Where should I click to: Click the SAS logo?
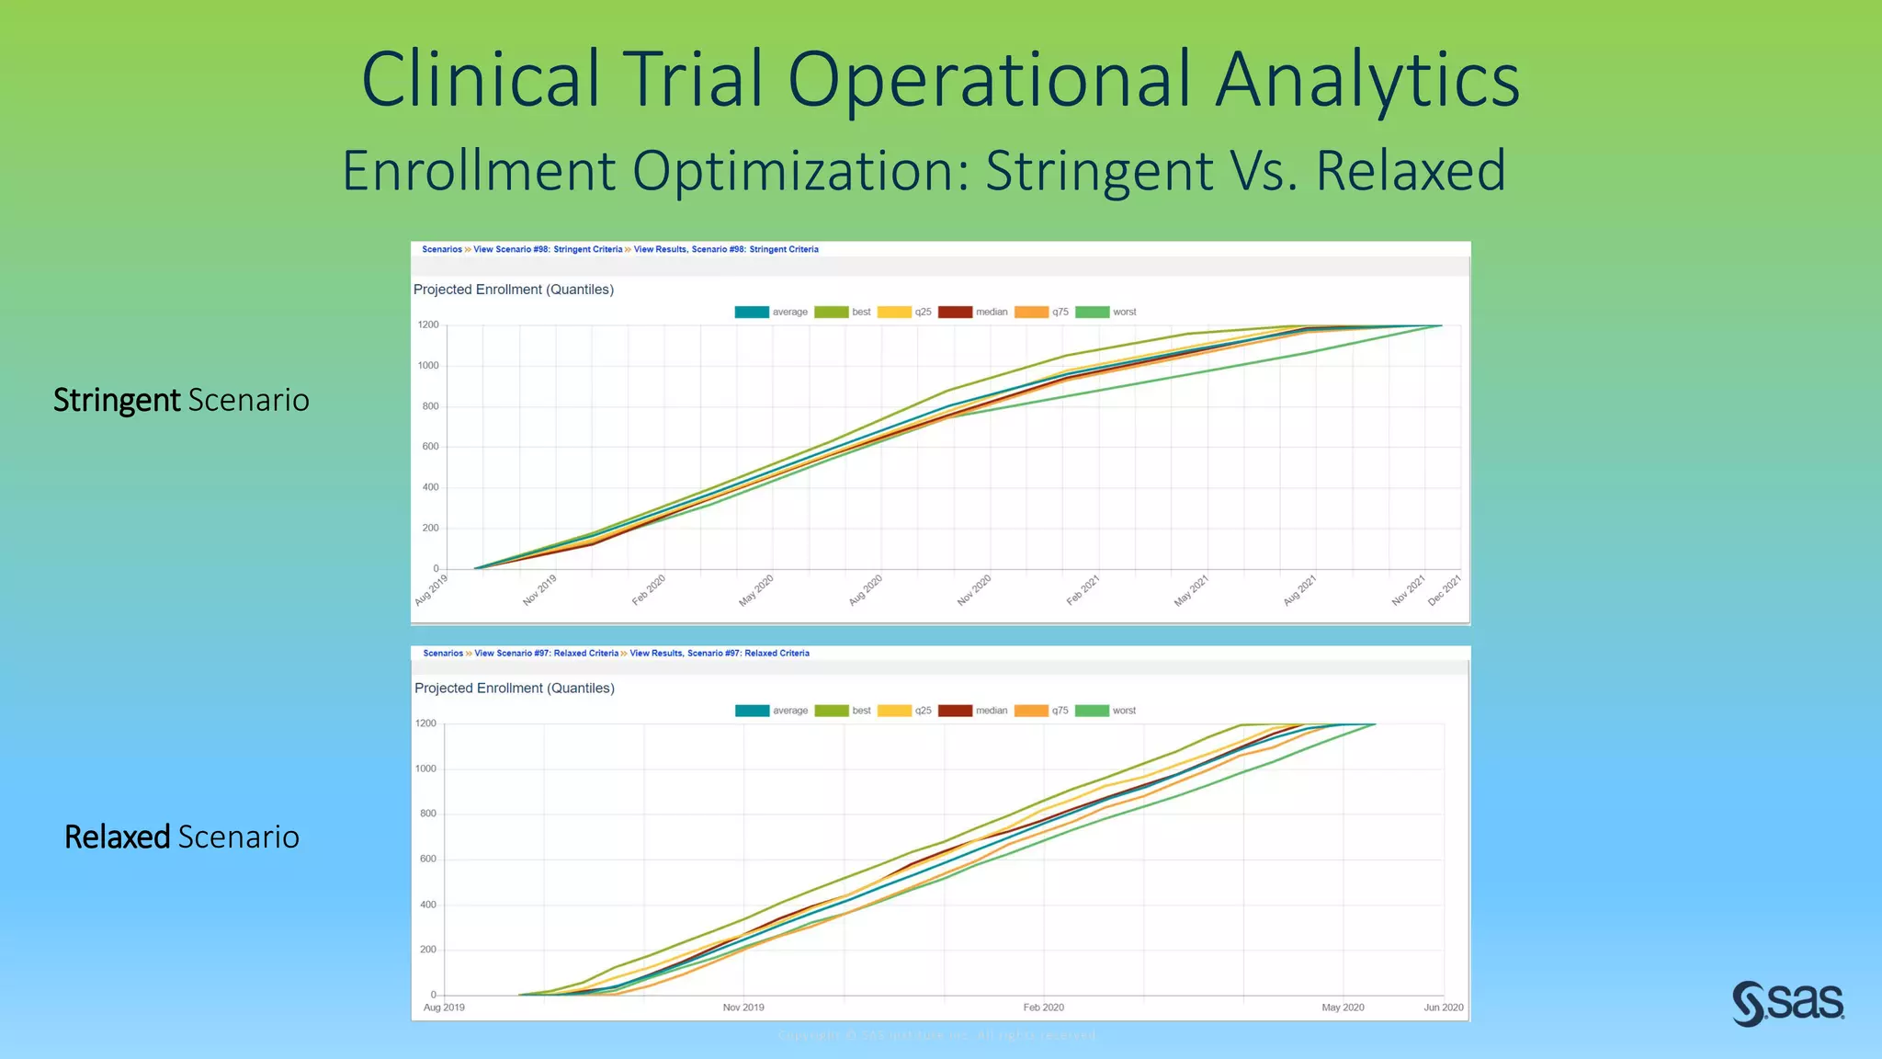(x=1787, y=1003)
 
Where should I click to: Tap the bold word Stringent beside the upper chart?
(x=117, y=400)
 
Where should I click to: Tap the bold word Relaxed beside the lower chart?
(x=117, y=837)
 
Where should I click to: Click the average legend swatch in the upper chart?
(x=751, y=313)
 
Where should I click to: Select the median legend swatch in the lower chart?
(x=955, y=711)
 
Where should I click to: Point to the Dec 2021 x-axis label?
(x=1445, y=590)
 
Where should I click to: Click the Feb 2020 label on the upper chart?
(x=649, y=590)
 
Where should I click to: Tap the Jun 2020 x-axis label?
(x=1444, y=1008)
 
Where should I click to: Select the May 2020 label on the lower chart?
(x=1343, y=1008)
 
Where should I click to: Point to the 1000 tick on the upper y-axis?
(x=428, y=366)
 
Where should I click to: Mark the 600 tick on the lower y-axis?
(x=428, y=860)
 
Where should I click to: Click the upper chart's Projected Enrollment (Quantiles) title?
(x=514, y=290)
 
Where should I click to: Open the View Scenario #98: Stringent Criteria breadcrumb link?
(x=548, y=249)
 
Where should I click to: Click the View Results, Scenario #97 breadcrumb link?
(x=720, y=654)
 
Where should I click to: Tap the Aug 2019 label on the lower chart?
(x=444, y=1008)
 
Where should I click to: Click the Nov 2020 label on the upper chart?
(x=974, y=590)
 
